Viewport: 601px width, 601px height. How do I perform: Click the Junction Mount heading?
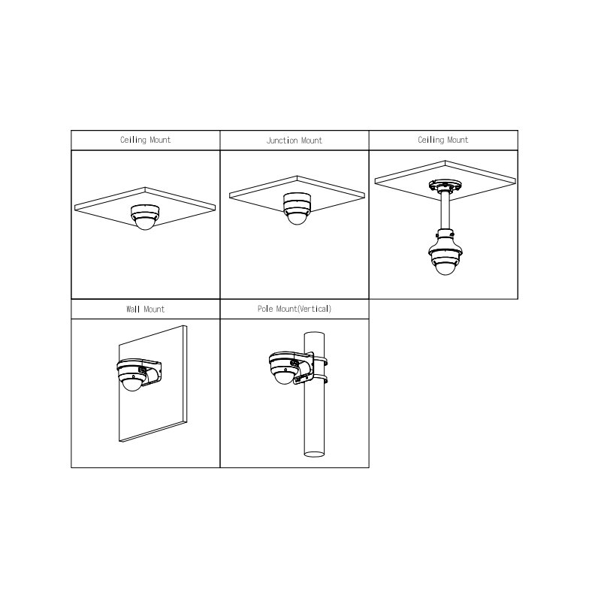pos(294,140)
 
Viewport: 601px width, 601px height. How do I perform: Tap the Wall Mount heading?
pos(145,310)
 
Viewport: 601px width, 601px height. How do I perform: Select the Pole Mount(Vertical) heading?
pos(294,309)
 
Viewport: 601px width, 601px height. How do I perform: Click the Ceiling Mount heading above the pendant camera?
pos(443,140)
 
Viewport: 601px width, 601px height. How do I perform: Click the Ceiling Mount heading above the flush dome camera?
pos(145,140)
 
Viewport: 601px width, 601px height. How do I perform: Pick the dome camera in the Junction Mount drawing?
pos(297,208)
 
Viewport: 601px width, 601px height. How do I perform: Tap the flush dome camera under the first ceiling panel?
pos(145,217)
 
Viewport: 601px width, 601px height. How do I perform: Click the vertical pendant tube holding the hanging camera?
pos(445,211)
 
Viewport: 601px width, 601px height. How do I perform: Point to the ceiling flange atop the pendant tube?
pos(445,186)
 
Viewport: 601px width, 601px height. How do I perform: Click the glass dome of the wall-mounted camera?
pos(131,384)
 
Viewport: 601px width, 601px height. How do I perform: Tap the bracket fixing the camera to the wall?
pos(152,370)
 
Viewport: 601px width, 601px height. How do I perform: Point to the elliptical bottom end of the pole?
pos(314,455)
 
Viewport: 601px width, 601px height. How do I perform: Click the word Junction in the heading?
pos(282,140)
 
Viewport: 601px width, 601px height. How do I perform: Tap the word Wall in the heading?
pos(133,310)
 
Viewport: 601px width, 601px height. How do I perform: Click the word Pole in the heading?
pos(265,309)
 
